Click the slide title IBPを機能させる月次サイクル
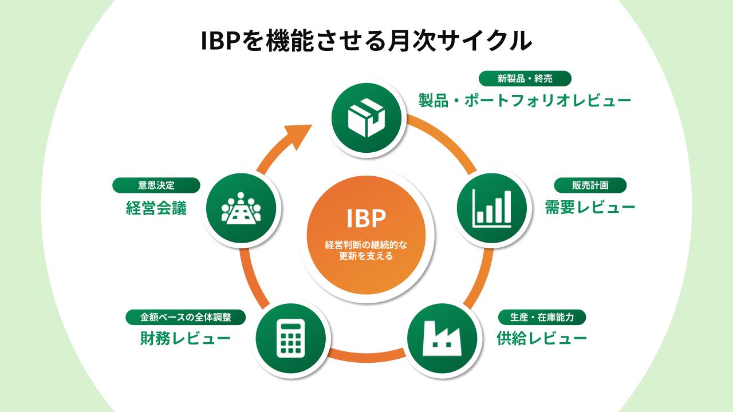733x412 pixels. (x=366, y=42)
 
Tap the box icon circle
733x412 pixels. (x=366, y=117)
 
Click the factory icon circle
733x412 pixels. (x=442, y=339)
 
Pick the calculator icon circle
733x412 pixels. (x=291, y=339)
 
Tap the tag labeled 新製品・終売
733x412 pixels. (x=525, y=78)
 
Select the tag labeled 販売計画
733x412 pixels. (x=590, y=185)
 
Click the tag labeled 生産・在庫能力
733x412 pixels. (x=542, y=317)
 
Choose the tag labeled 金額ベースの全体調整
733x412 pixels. (x=186, y=317)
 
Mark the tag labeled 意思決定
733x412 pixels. (x=156, y=185)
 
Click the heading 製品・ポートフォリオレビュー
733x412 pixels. (x=525, y=101)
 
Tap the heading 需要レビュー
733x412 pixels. (x=590, y=207)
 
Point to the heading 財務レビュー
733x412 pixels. (x=186, y=339)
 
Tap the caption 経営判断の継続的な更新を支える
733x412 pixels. (x=366, y=251)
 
